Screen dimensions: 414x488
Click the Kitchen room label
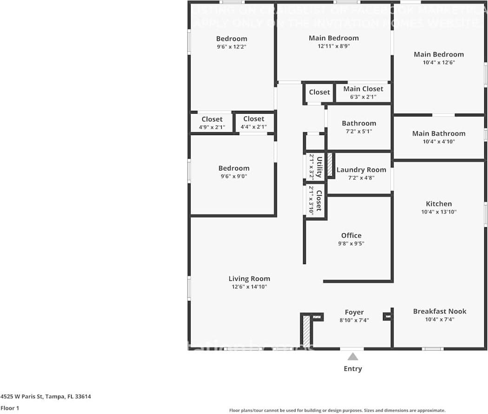pos(439,204)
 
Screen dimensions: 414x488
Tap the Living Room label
pos(249,279)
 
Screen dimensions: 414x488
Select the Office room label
pos(351,236)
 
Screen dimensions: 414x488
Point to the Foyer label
pos(354,312)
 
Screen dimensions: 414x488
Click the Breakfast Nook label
pos(439,312)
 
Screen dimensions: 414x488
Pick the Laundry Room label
pos(361,170)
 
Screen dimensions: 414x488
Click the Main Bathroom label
pos(438,134)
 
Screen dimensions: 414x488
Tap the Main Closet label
pos(363,89)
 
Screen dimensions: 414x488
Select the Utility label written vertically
pos(319,167)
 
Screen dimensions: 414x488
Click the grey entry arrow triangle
pos(353,357)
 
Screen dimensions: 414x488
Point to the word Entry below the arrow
pos(353,369)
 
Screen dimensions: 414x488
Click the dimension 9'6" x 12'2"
pos(231,47)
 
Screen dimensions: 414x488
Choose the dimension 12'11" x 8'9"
pos(334,46)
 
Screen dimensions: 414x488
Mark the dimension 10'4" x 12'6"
pos(438,62)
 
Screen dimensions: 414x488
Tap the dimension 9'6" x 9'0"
pos(234,176)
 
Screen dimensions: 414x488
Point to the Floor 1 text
pos(10,408)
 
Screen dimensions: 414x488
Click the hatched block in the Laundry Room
pos(330,164)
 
